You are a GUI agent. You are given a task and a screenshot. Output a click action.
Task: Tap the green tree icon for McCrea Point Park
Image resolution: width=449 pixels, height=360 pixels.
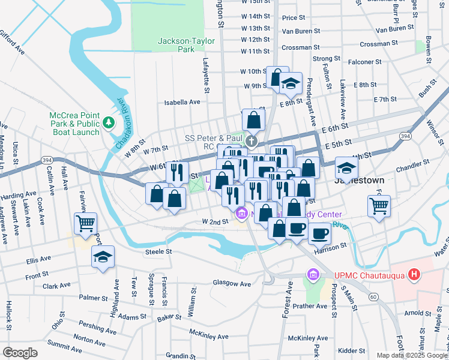pos(109,123)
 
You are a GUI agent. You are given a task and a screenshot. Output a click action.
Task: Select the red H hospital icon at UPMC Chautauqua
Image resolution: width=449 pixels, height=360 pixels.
pos(414,275)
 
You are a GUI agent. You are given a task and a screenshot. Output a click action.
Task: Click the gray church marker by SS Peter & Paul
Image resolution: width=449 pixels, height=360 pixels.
pos(252,142)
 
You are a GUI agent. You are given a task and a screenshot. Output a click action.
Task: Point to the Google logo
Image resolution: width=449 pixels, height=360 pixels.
pos(20,353)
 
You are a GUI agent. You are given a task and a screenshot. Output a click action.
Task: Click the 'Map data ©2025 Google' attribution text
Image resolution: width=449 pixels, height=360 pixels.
pos(412,355)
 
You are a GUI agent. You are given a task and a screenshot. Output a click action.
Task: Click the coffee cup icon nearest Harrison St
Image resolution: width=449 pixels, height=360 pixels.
pos(319,232)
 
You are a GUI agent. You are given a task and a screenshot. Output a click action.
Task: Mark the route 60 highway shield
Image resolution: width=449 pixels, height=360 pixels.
pos(373,296)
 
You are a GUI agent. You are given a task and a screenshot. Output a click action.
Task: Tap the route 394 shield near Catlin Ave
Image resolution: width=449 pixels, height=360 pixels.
pos(47,159)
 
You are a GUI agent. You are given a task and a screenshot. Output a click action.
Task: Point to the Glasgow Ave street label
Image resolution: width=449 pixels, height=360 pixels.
pos(232,283)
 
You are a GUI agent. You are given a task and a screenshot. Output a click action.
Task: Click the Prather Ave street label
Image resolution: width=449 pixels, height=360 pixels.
pos(310,306)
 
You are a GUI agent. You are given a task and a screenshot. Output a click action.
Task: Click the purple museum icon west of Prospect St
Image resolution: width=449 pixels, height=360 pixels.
pos(312,275)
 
